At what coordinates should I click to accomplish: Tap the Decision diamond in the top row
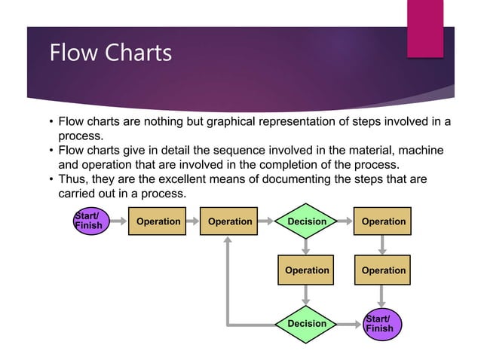pyautogui.click(x=307, y=221)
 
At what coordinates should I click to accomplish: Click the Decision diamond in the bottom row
pyautogui.click(x=307, y=324)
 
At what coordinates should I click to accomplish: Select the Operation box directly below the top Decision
pyautogui.click(x=307, y=270)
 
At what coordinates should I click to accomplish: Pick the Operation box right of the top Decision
pyautogui.click(x=383, y=221)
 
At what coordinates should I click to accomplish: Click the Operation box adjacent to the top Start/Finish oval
pyautogui.click(x=158, y=221)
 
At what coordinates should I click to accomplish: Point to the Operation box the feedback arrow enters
pyautogui.click(x=229, y=221)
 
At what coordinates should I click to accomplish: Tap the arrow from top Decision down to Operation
pyautogui.click(x=307, y=246)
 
